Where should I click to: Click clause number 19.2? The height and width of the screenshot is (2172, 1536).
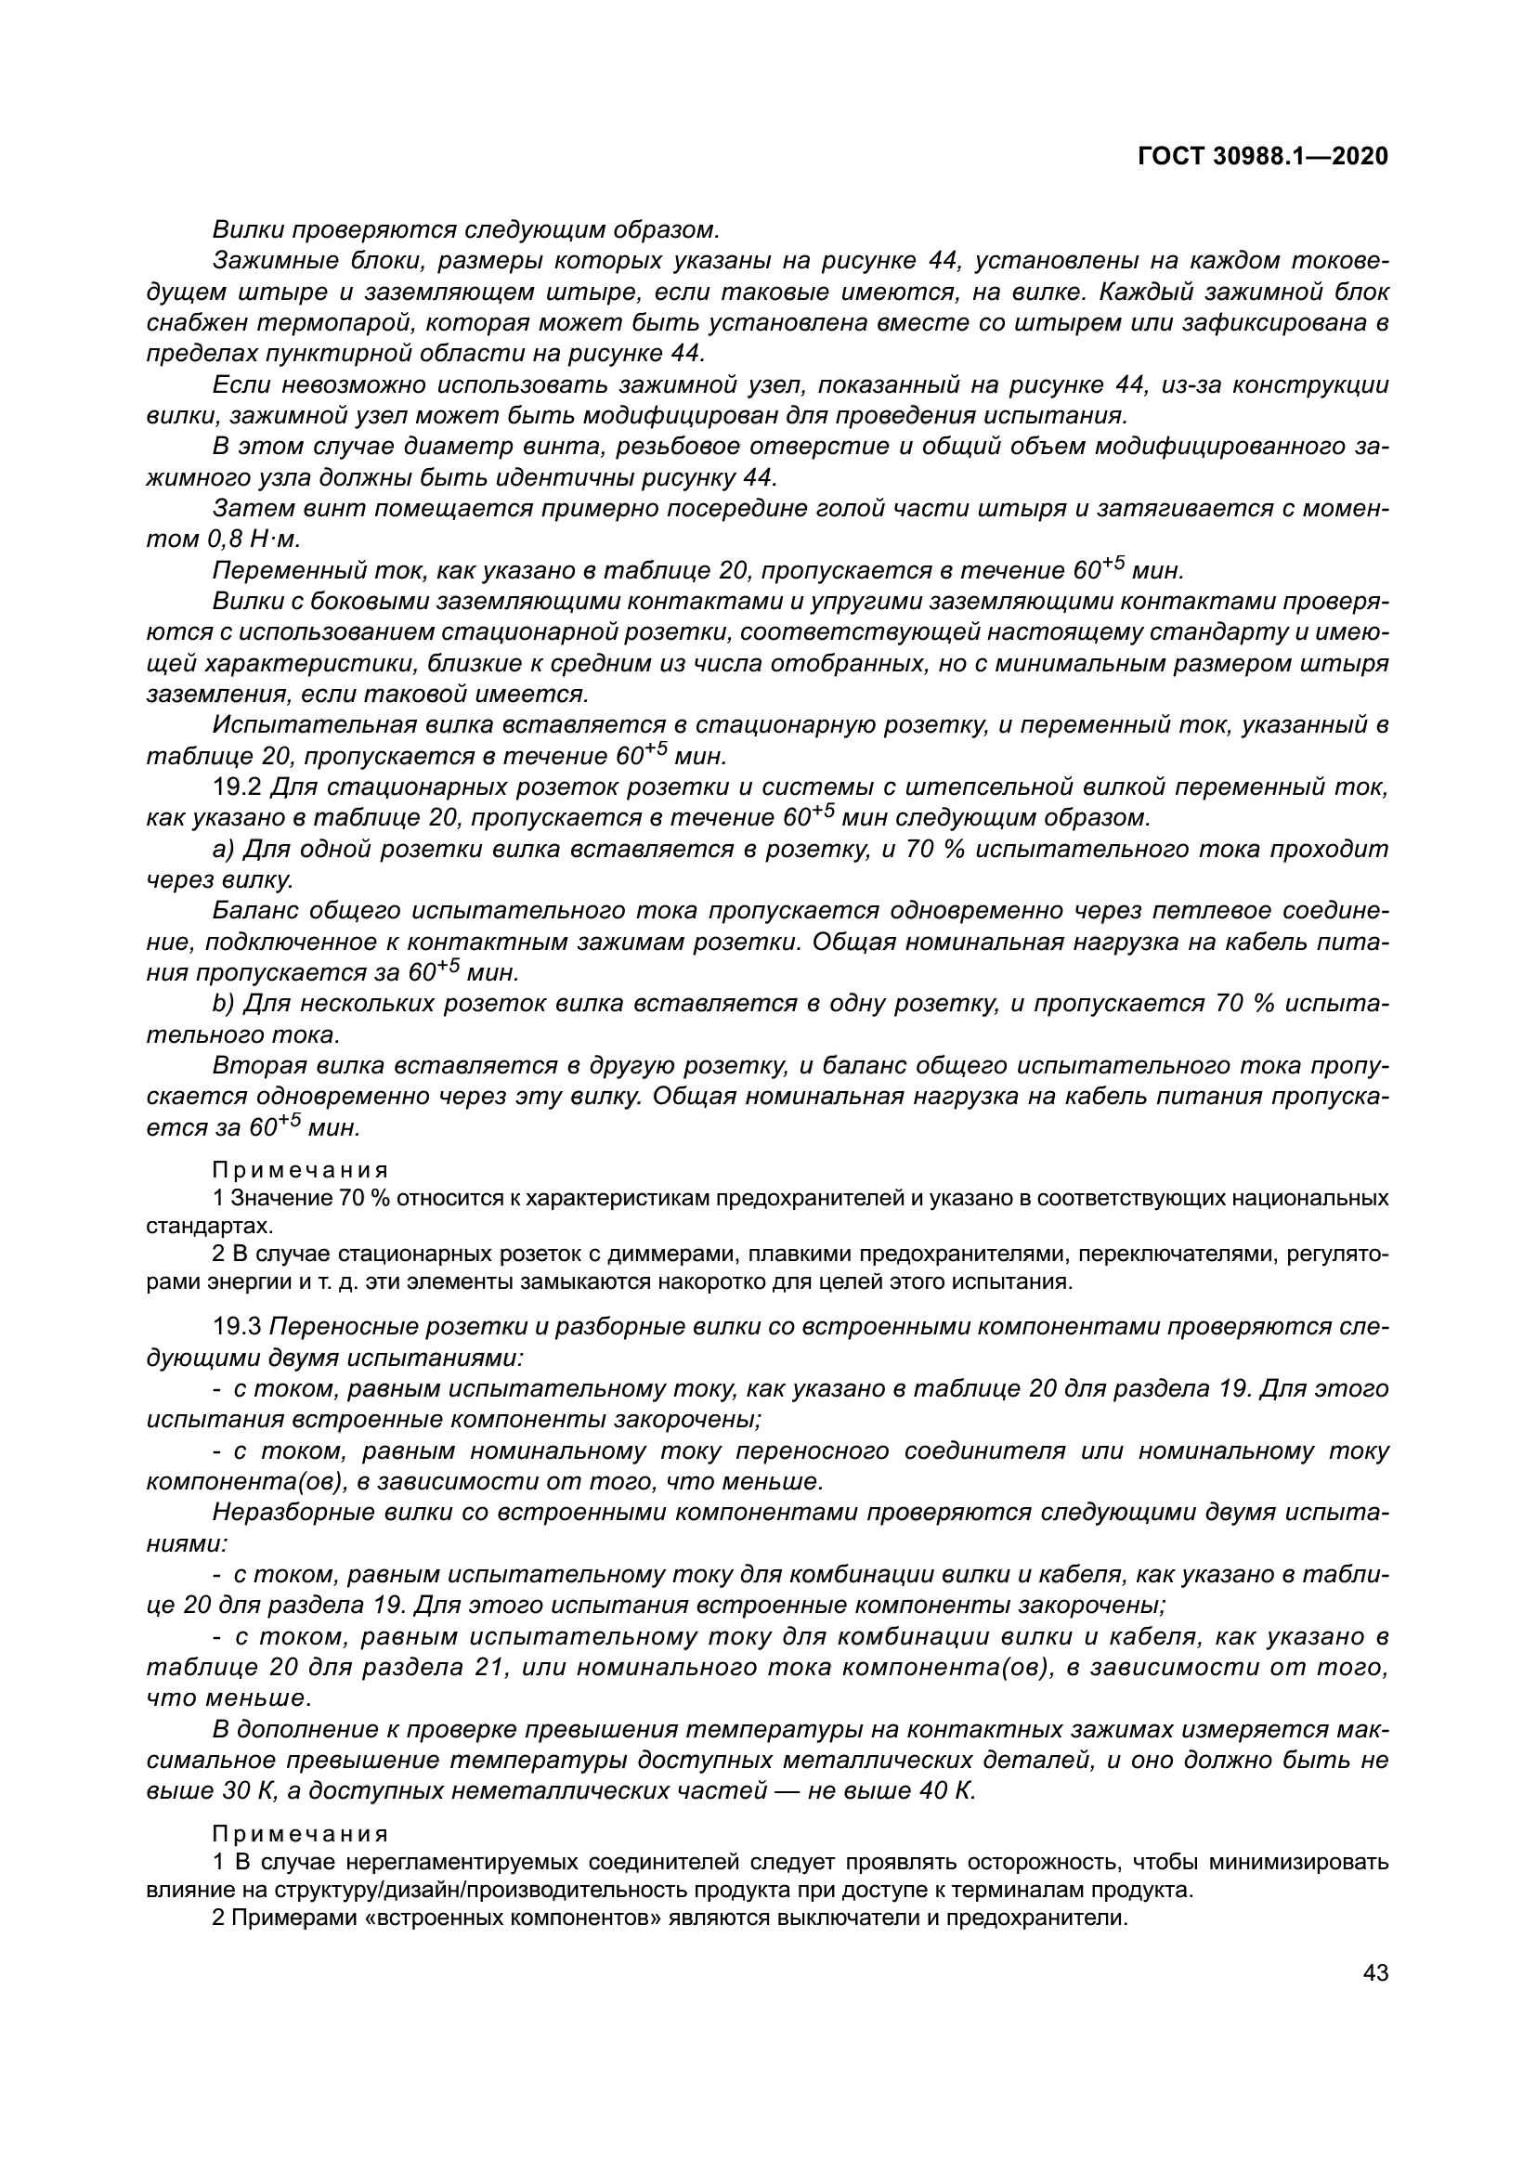click(239, 787)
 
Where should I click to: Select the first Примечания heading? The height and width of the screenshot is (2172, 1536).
click(300, 1171)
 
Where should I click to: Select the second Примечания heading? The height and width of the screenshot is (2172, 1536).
click(300, 1833)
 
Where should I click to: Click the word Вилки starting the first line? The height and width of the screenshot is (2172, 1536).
click(248, 230)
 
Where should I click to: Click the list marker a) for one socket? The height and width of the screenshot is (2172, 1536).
click(224, 850)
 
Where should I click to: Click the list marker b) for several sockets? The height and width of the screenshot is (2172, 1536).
click(224, 1004)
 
